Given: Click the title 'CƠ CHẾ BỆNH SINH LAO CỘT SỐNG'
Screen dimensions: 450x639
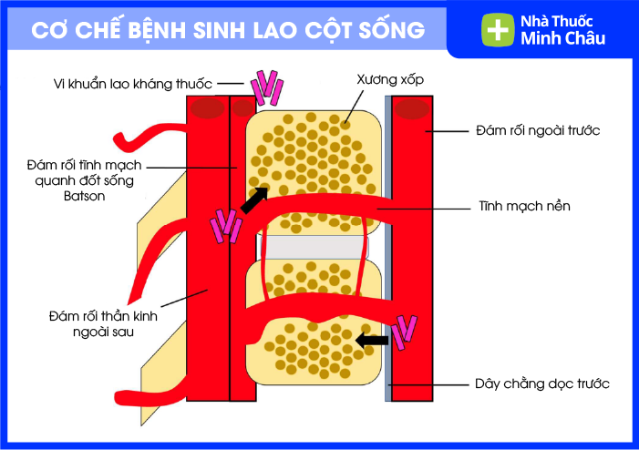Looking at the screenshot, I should click(x=228, y=29).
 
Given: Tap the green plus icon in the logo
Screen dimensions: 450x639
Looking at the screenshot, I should click(x=498, y=29).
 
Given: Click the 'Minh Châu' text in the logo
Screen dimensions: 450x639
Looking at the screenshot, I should click(x=562, y=39).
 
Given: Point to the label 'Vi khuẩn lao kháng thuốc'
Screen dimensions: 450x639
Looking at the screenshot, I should click(x=132, y=84).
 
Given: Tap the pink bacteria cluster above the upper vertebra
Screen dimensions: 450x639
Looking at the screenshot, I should click(x=267, y=86).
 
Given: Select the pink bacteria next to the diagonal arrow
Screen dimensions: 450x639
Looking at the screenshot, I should click(x=224, y=227).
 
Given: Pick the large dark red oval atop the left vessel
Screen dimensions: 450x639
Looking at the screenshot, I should click(x=207, y=107).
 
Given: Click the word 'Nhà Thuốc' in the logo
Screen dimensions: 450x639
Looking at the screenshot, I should click(x=562, y=21).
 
